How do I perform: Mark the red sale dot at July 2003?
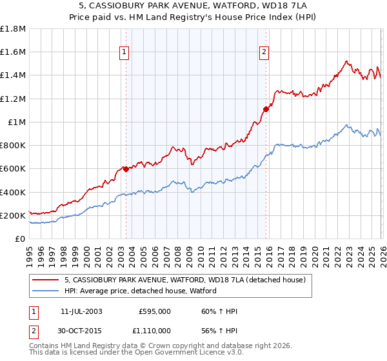coord(126,169)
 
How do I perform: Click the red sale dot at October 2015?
coord(266,109)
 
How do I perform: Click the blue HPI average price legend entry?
coord(140,291)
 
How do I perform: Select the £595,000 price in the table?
coord(155,311)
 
